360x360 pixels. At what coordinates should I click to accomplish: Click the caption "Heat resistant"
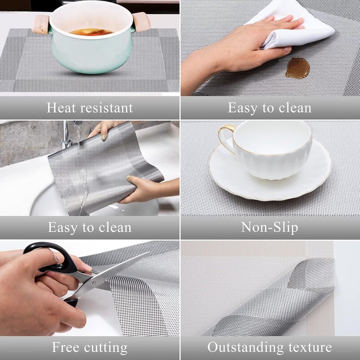(x=90, y=108)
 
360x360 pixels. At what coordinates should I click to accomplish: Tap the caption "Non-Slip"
(x=270, y=227)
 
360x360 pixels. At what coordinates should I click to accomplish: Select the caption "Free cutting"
(x=90, y=347)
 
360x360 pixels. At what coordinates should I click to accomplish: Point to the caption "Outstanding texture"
(x=270, y=347)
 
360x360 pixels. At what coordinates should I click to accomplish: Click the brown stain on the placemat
(x=297, y=68)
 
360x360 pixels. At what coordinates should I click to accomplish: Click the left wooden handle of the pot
(x=40, y=24)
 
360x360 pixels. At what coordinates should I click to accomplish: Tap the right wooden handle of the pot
(x=141, y=22)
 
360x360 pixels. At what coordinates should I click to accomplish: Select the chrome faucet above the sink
(x=66, y=135)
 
